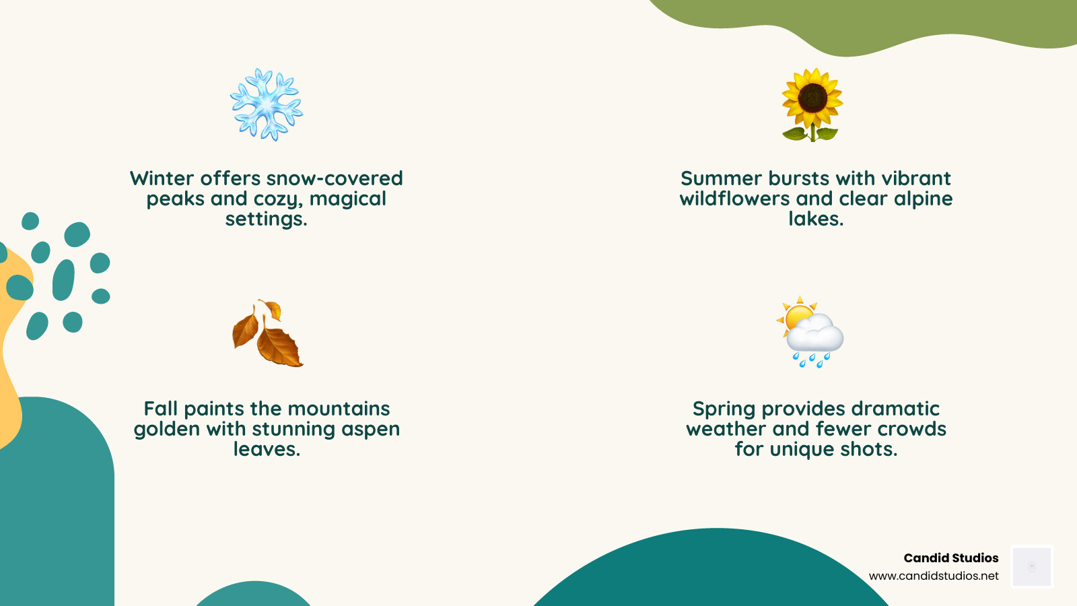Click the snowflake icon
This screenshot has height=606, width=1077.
pos(267,104)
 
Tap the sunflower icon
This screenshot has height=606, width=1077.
pos(812,104)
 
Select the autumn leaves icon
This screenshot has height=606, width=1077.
pos(267,333)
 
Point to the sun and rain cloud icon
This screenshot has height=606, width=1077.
pos(810,332)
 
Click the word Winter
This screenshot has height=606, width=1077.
pos(162,178)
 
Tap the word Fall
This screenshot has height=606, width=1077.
pos(160,409)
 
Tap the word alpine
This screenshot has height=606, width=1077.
pos(923,199)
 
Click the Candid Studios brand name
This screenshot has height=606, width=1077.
pos(950,558)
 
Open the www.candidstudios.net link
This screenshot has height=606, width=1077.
pos(934,576)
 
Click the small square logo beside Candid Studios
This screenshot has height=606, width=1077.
pos(1032,567)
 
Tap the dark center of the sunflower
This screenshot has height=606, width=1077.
pos(812,98)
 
